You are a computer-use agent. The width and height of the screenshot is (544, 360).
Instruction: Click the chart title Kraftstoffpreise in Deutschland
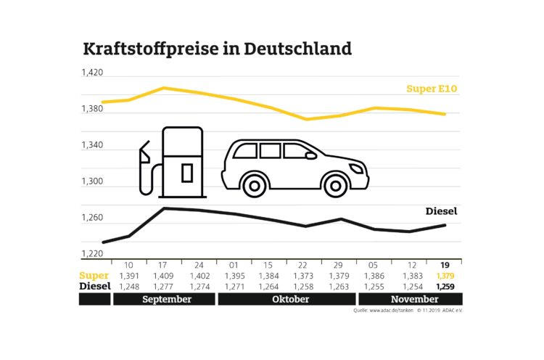218,49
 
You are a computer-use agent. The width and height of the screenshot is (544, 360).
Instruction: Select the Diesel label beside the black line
443,212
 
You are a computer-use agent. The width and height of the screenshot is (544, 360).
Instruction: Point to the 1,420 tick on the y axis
92,73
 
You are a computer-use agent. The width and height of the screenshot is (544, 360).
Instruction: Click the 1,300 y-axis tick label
92,182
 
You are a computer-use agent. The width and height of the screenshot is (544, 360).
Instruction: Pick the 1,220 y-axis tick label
92,254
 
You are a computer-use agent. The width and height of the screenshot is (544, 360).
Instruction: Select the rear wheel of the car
254,185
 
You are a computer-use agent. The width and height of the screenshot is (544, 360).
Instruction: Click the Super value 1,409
162,277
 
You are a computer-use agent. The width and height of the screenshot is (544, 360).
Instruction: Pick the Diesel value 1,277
162,287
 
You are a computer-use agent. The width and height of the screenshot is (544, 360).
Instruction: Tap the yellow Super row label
94,277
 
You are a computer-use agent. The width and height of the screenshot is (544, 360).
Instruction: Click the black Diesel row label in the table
94,287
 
